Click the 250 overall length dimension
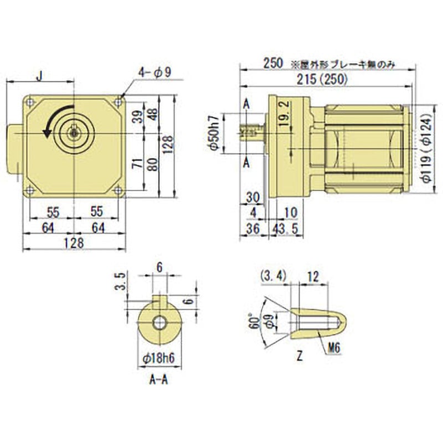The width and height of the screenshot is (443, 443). [x=273, y=64]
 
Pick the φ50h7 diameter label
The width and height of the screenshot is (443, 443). [x=212, y=133]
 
